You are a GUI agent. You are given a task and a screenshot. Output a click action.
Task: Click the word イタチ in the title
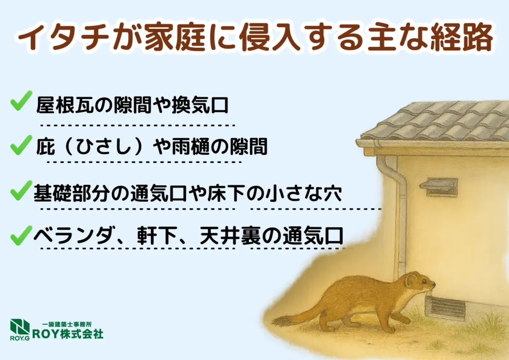(x=63, y=37)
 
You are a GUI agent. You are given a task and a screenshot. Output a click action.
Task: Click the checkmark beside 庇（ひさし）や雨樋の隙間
(x=21, y=145)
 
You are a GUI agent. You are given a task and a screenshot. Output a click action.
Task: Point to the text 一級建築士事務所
(x=67, y=324)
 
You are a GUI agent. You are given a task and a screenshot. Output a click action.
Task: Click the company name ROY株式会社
(x=68, y=334)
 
